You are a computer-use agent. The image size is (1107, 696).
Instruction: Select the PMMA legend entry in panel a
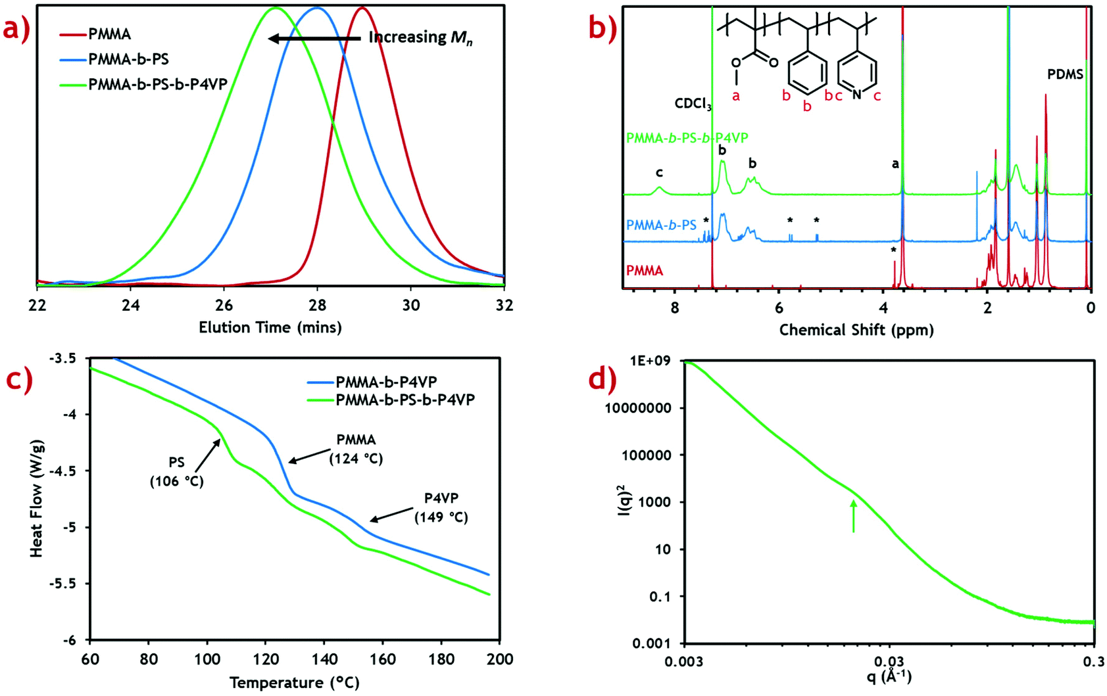[x=109, y=34]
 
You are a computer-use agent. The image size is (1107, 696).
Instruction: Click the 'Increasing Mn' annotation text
[x=420, y=37]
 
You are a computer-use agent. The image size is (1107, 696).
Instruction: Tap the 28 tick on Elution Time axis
[x=317, y=305]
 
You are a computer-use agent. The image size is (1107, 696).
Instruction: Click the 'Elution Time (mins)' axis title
[x=270, y=327]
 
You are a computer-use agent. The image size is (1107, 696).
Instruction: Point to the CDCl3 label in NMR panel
[x=693, y=104]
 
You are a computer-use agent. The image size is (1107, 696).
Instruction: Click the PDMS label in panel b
[x=1065, y=75]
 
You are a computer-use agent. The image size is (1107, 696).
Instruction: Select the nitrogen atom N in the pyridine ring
[x=856, y=95]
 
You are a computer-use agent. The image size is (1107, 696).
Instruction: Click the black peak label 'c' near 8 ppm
[x=658, y=173]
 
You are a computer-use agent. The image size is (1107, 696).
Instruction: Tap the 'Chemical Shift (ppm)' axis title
[x=856, y=330]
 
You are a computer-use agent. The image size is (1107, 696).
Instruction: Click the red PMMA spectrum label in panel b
[x=645, y=271]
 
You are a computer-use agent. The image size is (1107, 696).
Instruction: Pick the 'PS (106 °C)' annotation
[x=176, y=473]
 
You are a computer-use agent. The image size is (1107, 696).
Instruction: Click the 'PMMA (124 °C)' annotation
[x=356, y=449]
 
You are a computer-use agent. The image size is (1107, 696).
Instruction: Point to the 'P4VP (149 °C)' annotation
[x=441, y=508]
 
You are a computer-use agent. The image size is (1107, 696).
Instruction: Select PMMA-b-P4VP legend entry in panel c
[x=386, y=382]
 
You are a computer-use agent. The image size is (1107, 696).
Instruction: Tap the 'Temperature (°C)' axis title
[x=294, y=683]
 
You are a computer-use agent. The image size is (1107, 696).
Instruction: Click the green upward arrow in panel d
[x=853, y=517]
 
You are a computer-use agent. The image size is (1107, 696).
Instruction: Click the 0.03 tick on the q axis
[x=889, y=660]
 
